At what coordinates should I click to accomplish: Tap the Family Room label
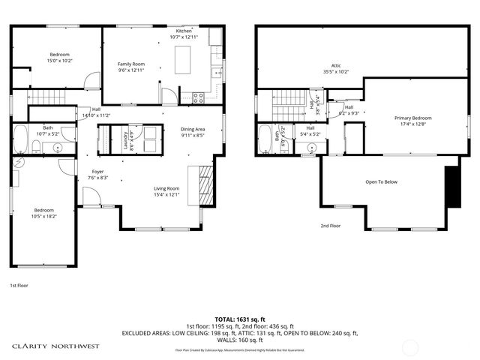pos(130,64)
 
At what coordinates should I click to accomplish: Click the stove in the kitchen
pos(199,96)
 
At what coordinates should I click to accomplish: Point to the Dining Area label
pos(193,129)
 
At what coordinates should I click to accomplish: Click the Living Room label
pos(166,188)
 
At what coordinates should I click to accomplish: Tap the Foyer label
pos(98,172)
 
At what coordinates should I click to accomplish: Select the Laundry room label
pos(124,140)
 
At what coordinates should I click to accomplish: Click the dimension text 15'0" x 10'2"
pos(60,61)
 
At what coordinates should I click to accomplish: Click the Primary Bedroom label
pos(413,118)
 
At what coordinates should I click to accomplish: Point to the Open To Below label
pos(381,181)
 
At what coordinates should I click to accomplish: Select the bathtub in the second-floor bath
pos(265,139)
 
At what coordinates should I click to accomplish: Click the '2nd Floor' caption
pos(331,225)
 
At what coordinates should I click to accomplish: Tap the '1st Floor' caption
pos(19,286)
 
